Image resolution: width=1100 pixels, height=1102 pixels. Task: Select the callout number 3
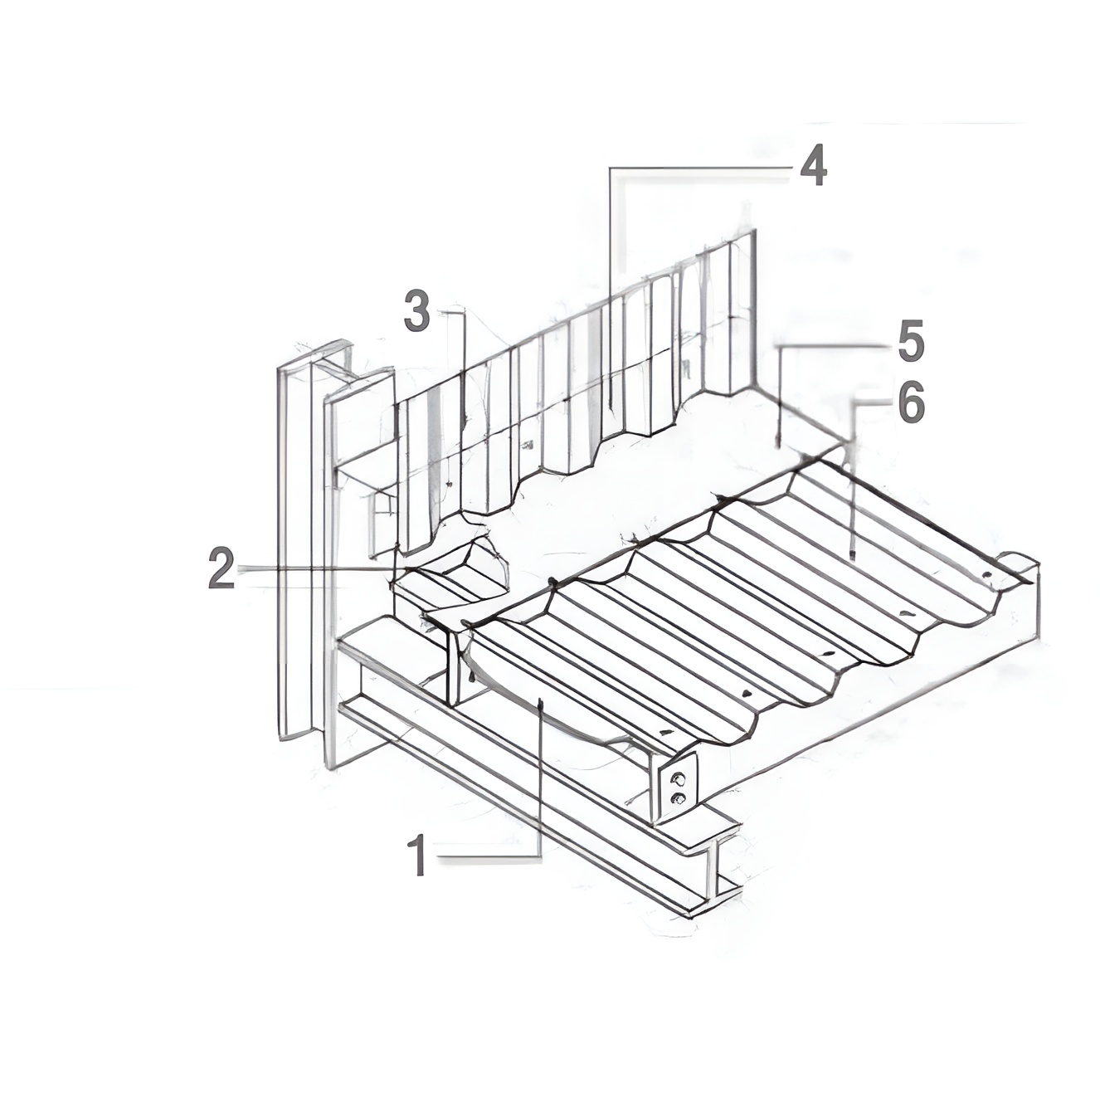[x=416, y=310]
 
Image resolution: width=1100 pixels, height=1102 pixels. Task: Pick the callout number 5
[x=909, y=342]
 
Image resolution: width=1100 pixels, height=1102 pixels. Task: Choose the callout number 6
[x=910, y=406]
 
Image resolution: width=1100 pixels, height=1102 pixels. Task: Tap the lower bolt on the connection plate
[x=678, y=799]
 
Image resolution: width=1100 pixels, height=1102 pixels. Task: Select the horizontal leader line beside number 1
[x=489, y=856]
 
